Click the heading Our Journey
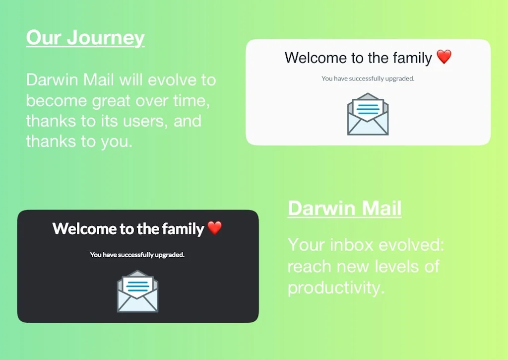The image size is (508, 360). coord(85,37)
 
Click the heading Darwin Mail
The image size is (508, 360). coord(344,208)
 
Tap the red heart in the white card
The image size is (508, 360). coord(444,57)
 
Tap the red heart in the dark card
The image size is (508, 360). coord(215,228)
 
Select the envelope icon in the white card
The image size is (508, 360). coord(368,114)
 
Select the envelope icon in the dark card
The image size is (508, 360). coord(137,291)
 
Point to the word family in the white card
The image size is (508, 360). coord(412,58)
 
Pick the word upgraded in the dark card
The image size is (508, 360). coord(170,255)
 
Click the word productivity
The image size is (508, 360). coord(336,288)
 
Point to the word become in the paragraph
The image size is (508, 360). coord(57,100)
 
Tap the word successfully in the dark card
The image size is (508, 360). coord(128,255)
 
